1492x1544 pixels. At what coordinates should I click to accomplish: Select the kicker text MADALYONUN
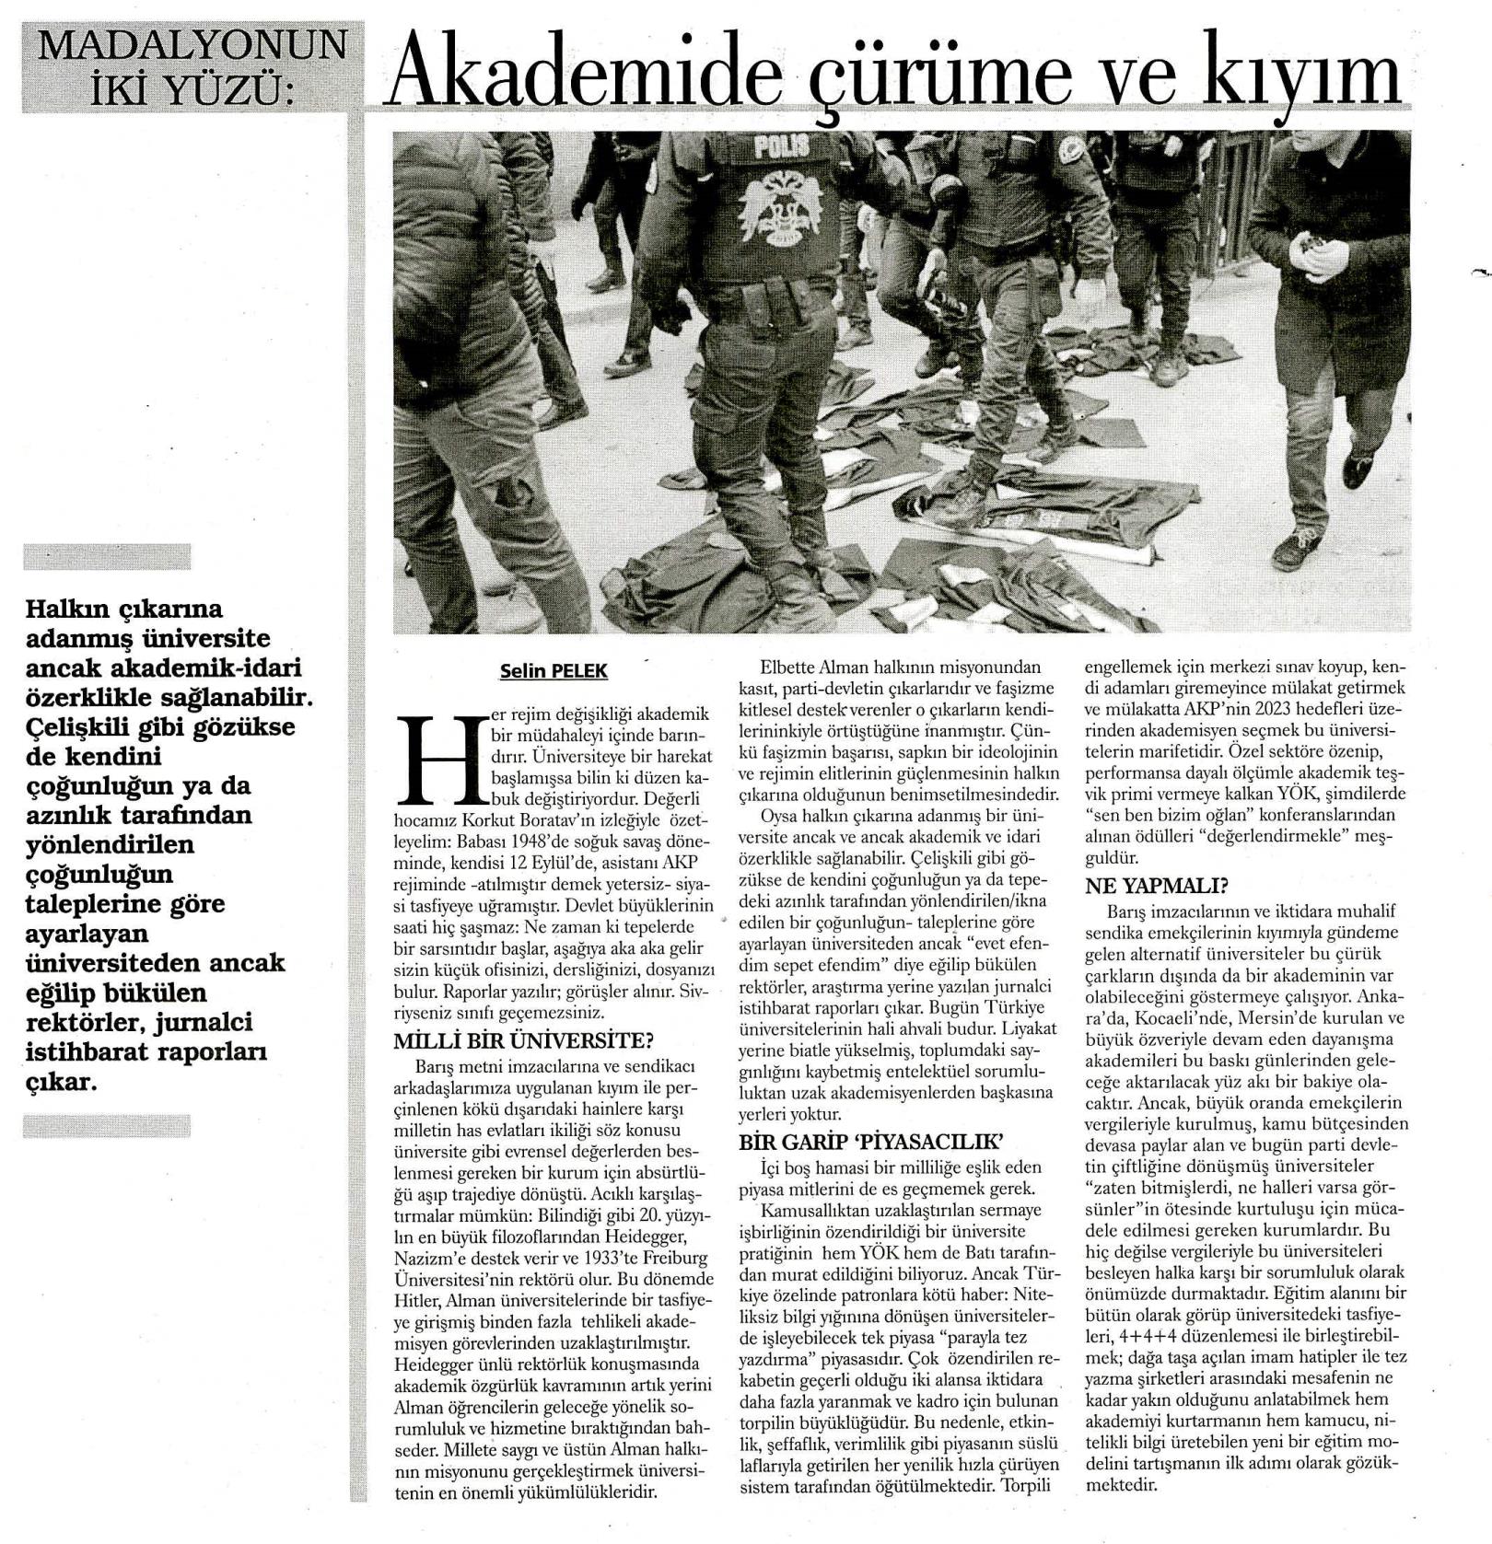click(x=192, y=44)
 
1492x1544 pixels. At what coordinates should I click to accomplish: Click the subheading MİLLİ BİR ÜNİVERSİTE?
click(x=523, y=1041)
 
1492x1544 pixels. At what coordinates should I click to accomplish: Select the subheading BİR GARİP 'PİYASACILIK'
click(x=869, y=1143)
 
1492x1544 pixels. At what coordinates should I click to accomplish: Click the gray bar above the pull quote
click(x=107, y=557)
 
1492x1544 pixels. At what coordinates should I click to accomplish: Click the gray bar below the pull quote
click(x=107, y=1126)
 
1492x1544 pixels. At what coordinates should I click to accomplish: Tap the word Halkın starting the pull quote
click(x=71, y=609)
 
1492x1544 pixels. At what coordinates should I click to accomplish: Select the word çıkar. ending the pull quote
click(x=62, y=1081)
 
